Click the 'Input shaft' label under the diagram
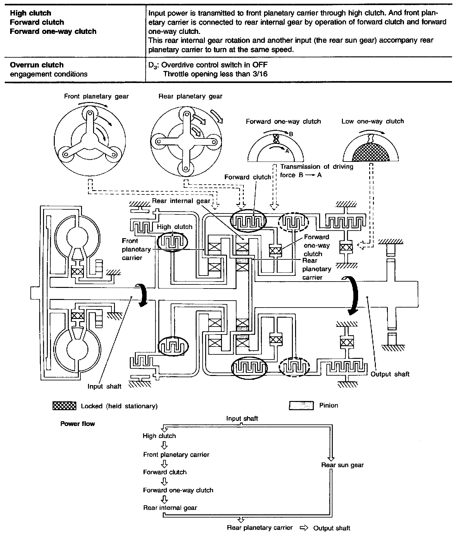coord(104,386)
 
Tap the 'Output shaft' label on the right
coord(390,374)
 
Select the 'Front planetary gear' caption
coord(96,96)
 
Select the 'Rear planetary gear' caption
coord(190,96)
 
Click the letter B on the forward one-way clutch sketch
coord(291,134)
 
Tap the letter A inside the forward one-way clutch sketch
coord(287,151)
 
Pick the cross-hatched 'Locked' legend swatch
coord(64,406)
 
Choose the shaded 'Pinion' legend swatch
coord(301,405)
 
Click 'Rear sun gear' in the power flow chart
coord(342,465)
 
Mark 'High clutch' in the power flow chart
coord(159,436)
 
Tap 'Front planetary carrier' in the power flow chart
coord(176,455)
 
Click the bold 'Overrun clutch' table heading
coord(37,65)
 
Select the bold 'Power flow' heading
coord(78,424)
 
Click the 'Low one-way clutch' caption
coord(373,121)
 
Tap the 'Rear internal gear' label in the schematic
coord(181,201)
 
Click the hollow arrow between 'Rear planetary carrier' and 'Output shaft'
coord(304,528)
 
